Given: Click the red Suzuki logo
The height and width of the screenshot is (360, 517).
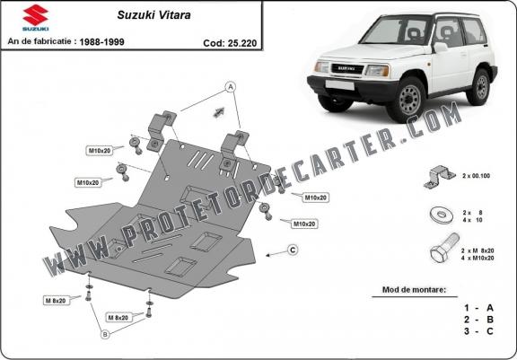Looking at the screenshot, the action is (36, 15).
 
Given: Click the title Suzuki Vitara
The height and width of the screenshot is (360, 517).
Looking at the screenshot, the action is (154, 15).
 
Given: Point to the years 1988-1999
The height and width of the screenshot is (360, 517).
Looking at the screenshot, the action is (102, 42).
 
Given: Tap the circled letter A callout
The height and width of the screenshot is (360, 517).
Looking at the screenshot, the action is (230, 87).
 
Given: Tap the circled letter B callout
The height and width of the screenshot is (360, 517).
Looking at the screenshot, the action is (105, 335).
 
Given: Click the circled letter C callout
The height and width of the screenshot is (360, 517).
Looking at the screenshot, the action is (293, 250).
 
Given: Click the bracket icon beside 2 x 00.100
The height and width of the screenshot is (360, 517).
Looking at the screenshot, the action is (439, 177).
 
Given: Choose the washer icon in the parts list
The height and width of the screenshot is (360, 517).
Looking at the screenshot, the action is (443, 215).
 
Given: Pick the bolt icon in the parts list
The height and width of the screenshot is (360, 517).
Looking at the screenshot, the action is (444, 248).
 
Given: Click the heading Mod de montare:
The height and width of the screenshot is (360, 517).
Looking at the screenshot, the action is (414, 290).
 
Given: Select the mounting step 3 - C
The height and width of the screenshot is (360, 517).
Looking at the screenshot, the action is (478, 331).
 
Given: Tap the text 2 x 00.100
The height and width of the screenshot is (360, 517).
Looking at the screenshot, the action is (476, 176).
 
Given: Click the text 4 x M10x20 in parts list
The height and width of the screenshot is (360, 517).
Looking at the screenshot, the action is (478, 259).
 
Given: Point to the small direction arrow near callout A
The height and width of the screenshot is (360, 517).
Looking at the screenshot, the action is (219, 112).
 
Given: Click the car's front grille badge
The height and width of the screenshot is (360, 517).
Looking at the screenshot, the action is (346, 68).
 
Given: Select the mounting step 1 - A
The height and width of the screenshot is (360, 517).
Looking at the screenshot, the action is (478, 308).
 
